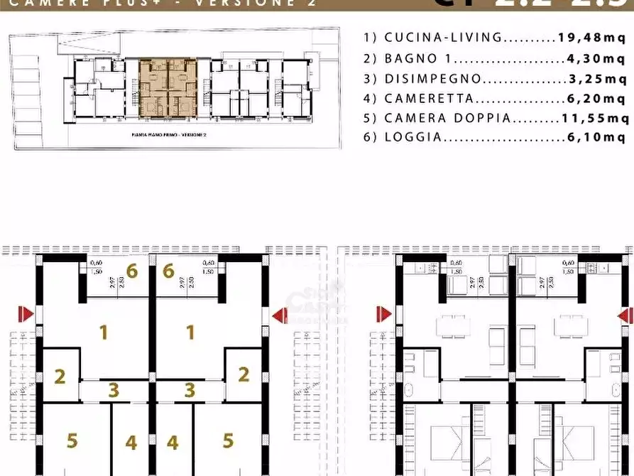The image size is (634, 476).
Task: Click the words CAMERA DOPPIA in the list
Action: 447,119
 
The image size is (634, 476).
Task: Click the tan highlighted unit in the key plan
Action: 168,87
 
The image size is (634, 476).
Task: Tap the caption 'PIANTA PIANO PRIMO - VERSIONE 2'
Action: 168,134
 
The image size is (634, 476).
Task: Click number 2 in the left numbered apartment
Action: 60,375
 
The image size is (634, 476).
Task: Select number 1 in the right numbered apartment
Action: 190,332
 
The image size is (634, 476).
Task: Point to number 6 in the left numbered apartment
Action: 131,271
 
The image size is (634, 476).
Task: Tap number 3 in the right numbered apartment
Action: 190,390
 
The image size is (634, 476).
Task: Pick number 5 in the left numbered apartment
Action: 72,440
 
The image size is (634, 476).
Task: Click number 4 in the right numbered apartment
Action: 173,443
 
